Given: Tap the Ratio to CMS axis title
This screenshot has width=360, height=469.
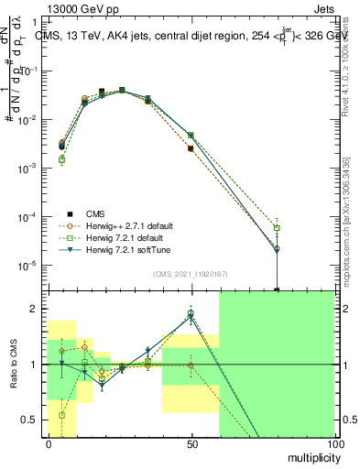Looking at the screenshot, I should tap(14, 364).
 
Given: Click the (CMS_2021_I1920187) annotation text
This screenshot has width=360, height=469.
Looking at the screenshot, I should tap(191, 274).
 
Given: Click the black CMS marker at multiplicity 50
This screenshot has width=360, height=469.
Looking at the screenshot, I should tap(191, 148).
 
